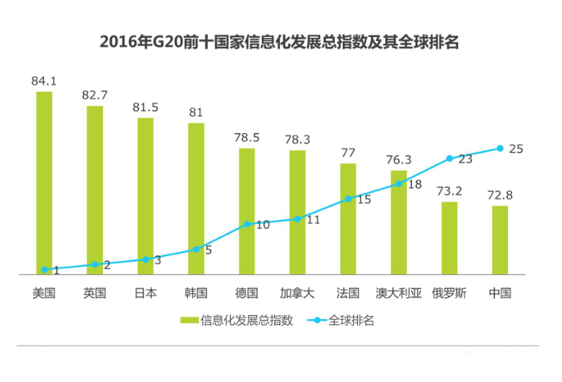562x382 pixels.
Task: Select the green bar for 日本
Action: tap(145, 197)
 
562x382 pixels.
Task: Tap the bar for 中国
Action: tap(500, 241)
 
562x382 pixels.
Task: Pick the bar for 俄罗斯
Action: tap(449, 239)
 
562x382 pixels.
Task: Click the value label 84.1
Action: tap(44, 81)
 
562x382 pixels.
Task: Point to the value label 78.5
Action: tap(246, 138)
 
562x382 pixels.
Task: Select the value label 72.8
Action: tap(500, 196)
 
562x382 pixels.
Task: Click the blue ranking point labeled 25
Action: tap(500, 148)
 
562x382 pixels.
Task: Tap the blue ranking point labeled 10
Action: tap(247, 223)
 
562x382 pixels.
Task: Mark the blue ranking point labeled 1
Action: tap(44, 269)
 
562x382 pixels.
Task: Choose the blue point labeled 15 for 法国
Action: tap(348, 198)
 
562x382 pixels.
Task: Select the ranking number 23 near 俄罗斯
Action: tap(465, 160)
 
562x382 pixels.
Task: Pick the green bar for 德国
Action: tap(247, 212)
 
